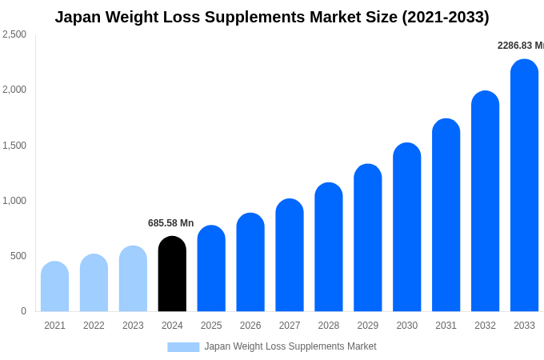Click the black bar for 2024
pyautogui.click(x=172, y=274)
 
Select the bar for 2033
pyautogui.click(x=524, y=186)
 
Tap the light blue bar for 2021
pyautogui.click(x=54, y=286)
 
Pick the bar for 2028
pyautogui.click(x=329, y=247)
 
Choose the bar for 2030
pyautogui.click(x=406, y=227)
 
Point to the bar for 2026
pyautogui.click(x=250, y=262)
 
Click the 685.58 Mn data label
pyautogui.click(x=170, y=223)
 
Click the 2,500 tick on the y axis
pyautogui.click(x=14, y=34)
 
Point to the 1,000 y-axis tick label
pyautogui.click(x=14, y=201)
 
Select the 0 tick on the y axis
pyautogui.click(x=23, y=311)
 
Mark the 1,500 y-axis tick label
pyautogui.click(x=14, y=146)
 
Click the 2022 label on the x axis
pyautogui.click(x=94, y=326)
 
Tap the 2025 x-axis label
pyautogui.click(x=211, y=326)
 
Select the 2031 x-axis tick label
pyautogui.click(x=446, y=326)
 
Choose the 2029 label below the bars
pyautogui.click(x=368, y=326)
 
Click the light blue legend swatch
pyautogui.click(x=183, y=347)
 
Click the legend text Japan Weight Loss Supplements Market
pyautogui.click(x=290, y=346)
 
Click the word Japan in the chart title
pyautogui.click(x=79, y=17)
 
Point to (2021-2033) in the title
pyautogui.click(x=445, y=17)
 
